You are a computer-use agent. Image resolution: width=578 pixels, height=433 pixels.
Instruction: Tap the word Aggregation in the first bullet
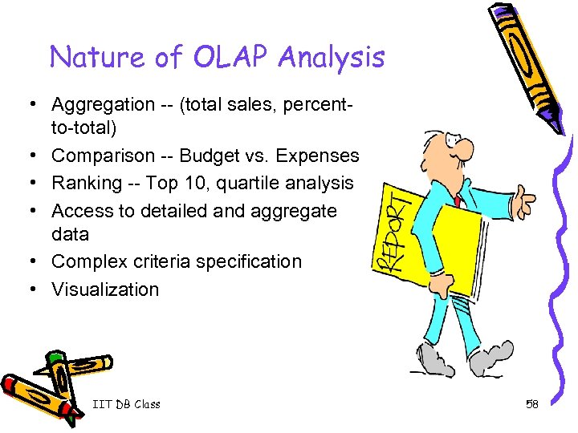(x=104, y=104)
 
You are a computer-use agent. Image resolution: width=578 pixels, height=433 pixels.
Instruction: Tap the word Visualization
(x=105, y=289)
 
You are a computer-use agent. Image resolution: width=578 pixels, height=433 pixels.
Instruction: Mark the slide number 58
(x=531, y=404)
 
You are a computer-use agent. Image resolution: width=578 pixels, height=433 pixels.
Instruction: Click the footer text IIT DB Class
(x=126, y=404)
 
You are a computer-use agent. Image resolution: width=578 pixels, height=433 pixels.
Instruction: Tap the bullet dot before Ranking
(x=28, y=184)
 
